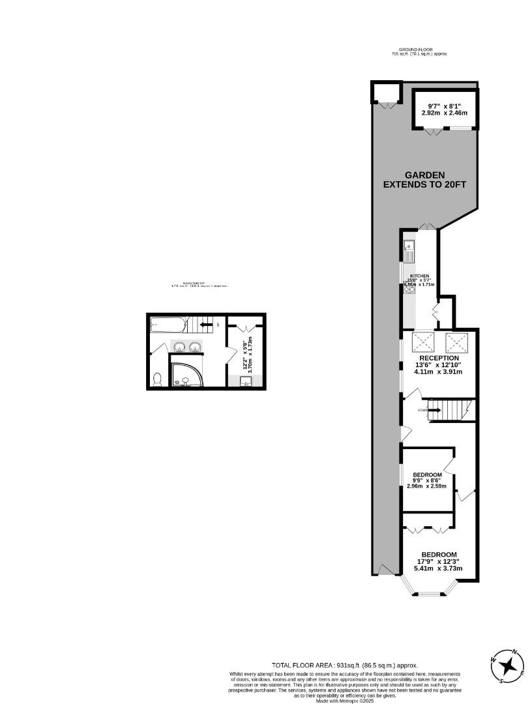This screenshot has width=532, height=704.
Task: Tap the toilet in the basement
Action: click(156, 379)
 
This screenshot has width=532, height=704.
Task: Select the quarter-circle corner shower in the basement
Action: click(185, 374)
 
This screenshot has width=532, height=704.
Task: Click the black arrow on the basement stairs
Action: click(206, 324)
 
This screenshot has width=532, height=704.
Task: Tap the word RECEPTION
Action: click(439, 358)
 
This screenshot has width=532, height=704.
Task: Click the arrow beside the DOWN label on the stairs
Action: click(433, 411)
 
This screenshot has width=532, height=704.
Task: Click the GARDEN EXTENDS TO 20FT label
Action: click(424, 179)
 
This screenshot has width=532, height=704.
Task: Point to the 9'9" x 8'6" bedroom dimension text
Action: click(428, 483)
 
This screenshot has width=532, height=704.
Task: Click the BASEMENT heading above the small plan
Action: click(199, 284)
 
